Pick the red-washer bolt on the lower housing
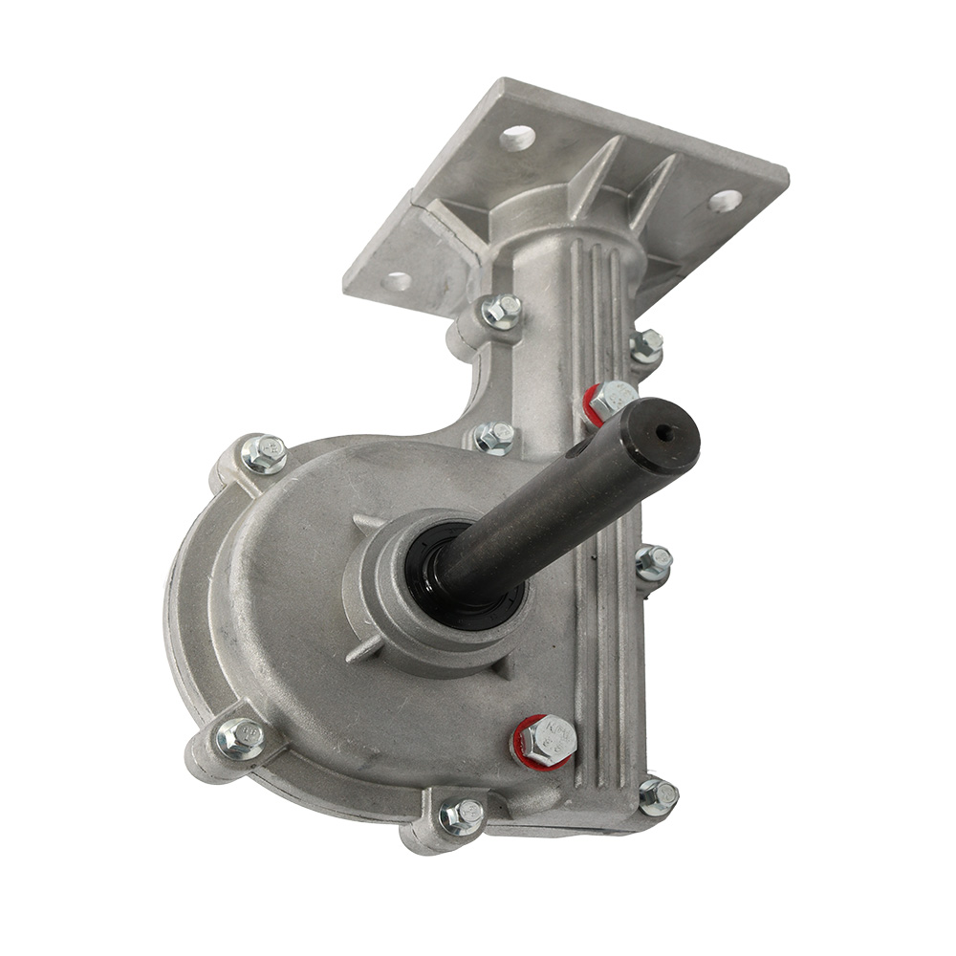(x=548, y=739)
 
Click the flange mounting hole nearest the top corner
(x=517, y=138)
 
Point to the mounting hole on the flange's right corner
(x=725, y=201)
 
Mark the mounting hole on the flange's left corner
(x=397, y=281)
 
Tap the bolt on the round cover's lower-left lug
(x=240, y=739)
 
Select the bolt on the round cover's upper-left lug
(x=264, y=453)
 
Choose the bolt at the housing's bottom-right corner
(x=658, y=794)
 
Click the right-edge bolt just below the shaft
(x=653, y=563)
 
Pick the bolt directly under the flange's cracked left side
(x=501, y=310)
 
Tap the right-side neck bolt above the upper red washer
(x=646, y=345)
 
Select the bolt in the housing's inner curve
(x=494, y=437)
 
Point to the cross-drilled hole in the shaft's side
(x=578, y=447)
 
